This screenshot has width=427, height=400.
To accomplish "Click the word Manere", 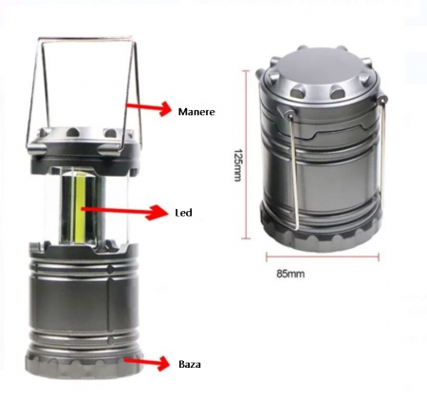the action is click(x=196, y=112).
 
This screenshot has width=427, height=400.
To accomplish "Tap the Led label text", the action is click(x=184, y=212).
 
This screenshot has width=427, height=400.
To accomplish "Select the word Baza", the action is click(x=190, y=364).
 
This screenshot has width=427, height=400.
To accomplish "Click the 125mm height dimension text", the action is click(x=237, y=165).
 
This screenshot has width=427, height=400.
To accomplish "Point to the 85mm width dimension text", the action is click(x=290, y=274).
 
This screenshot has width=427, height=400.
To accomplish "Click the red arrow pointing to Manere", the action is click(x=149, y=108).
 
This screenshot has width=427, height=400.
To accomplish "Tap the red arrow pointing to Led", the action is click(x=124, y=211).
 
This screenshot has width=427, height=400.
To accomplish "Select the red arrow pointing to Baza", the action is click(x=146, y=363).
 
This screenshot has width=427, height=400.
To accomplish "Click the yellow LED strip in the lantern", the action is click(x=79, y=209).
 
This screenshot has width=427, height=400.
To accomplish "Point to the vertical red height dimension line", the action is click(x=247, y=155).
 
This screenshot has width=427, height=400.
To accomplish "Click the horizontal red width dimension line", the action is click(x=323, y=257).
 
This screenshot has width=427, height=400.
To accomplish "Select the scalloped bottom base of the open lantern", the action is click(x=84, y=363).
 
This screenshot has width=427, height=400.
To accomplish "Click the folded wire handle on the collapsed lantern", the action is click(x=294, y=171).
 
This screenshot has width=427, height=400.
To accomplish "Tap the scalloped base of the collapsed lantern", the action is click(x=321, y=235).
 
